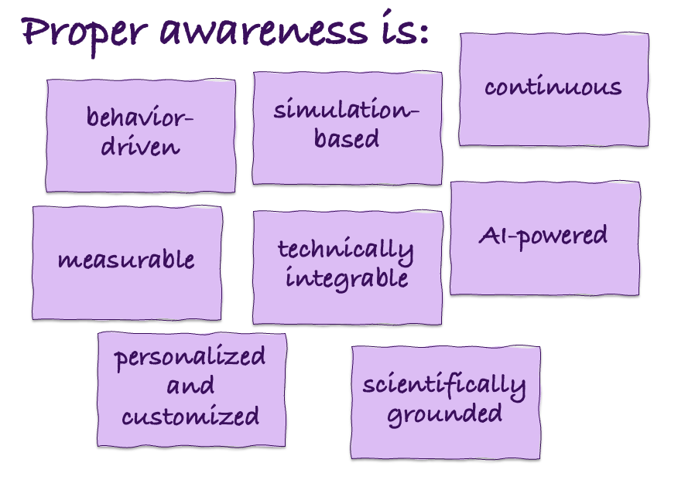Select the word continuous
(x=553, y=87)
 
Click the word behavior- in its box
(x=140, y=118)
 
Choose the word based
(x=347, y=138)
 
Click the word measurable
(x=126, y=260)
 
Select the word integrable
(x=346, y=277)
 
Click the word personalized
(x=190, y=358)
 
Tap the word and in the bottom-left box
(x=190, y=386)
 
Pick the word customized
(x=190, y=417)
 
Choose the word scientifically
(x=443, y=385)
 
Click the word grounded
(x=444, y=413)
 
